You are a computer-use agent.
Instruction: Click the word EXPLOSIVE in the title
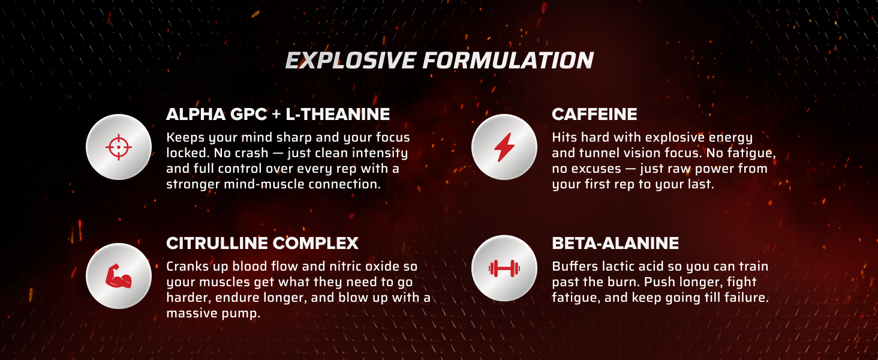click(x=350, y=61)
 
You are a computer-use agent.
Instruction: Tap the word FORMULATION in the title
click(x=508, y=61)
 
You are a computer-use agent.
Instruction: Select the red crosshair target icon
click(x=119, y=147)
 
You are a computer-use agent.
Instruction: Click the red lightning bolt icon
click(x=504, y=147)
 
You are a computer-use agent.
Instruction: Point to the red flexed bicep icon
click(x=118, y=276)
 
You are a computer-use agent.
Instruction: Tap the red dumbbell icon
click(x=504, y=269)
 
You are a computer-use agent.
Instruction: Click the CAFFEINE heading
click(x=594, y=114)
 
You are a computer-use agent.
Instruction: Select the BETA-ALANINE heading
click(x=615, y=243)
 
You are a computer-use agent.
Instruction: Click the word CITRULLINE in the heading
click(x=217, y=243)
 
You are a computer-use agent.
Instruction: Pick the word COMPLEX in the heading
click(x=315, y=243)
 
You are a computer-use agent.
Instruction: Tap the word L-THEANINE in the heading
click(x=338, y=114)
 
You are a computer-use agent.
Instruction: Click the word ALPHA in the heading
click(x=196, y=114)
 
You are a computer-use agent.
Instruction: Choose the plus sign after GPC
click(x=276, y=115)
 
